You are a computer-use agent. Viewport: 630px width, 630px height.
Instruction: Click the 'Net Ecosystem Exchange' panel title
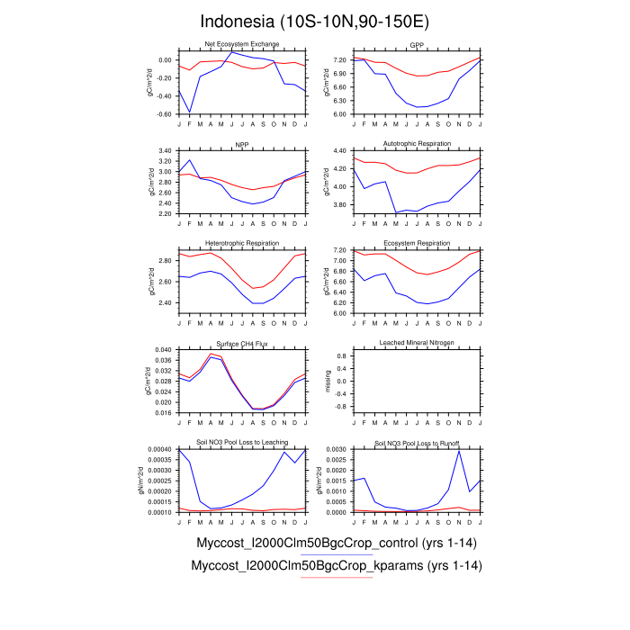242,44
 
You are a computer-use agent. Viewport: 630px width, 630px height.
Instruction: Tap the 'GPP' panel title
417,44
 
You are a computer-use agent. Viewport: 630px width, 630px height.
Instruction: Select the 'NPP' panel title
242,144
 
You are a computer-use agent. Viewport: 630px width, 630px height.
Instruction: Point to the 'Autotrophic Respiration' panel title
417,144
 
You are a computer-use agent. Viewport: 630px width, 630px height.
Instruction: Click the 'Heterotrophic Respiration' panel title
242,244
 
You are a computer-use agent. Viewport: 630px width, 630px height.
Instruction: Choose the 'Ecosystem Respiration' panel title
417,244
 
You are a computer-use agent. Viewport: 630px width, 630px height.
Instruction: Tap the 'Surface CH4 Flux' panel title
242,344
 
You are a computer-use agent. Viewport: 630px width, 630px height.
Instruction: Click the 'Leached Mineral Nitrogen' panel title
417,344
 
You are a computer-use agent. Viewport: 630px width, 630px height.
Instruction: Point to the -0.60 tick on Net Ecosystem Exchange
165,114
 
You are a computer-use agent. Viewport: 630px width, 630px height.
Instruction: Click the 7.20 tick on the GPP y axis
340,60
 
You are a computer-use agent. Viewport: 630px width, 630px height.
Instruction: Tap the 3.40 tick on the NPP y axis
165,150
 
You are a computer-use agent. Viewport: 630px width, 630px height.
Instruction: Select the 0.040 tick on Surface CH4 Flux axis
163,349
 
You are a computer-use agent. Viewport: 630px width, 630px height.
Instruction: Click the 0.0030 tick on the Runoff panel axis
337,449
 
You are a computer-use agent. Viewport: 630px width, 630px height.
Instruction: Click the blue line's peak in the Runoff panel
460,451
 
